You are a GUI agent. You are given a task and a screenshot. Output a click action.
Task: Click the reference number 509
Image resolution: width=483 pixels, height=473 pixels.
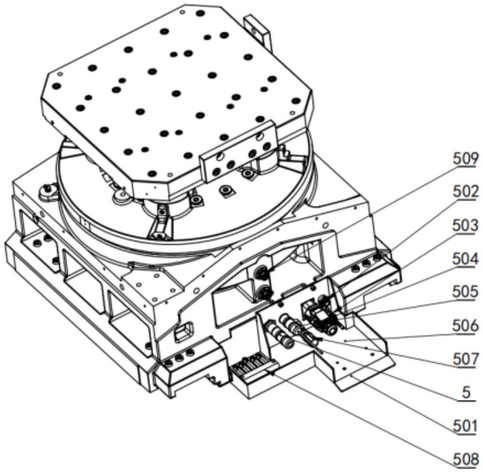[466, 159]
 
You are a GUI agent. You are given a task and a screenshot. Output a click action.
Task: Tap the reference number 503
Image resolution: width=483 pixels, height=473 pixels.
[466, 226]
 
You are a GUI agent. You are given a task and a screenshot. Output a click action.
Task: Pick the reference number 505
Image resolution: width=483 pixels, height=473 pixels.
[466, 292]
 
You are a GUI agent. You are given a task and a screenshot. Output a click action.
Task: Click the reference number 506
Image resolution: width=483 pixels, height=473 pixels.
[466, 326]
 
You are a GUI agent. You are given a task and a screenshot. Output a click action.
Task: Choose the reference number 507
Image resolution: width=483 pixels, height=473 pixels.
[466, 359]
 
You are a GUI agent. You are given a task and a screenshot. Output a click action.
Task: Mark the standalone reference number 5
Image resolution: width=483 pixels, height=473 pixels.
[467, 393]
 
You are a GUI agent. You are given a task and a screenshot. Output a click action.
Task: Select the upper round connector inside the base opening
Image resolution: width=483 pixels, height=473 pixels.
[261, 272]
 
